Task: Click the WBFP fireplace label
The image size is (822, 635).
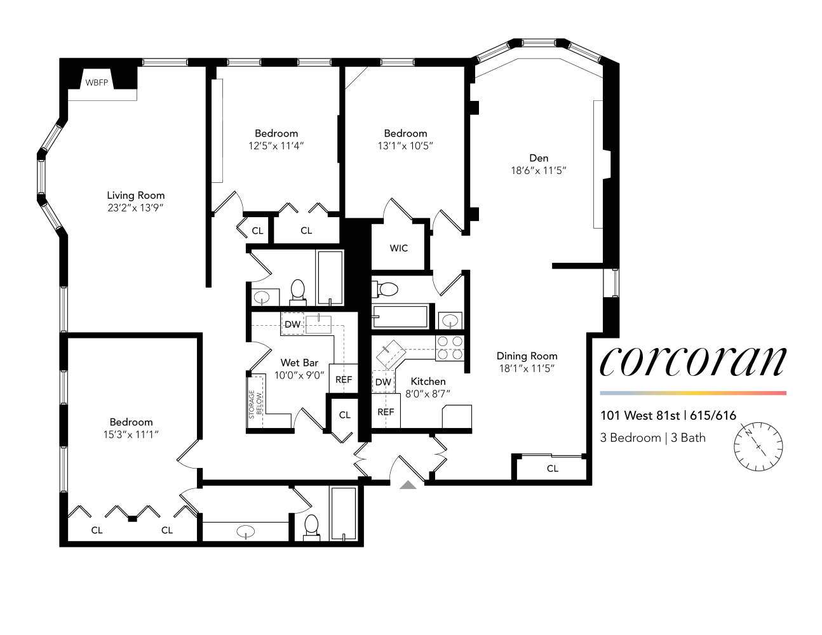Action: (97, 83)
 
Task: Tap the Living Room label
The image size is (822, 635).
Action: (135, 196)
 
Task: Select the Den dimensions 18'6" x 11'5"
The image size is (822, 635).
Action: (538, 170)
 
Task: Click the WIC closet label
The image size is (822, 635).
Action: (399, 248)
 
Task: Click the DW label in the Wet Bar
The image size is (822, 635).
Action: (292, 324)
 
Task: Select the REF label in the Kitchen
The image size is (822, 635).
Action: (386, 411)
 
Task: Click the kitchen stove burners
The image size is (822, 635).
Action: (450, 348)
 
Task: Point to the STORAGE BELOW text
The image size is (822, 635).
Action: (255, 404)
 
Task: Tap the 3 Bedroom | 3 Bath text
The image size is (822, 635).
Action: (652, 438)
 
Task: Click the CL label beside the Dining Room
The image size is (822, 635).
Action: (553, 469)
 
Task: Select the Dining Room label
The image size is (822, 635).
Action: (527, 356)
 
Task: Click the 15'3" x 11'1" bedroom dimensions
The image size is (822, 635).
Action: (131, 434)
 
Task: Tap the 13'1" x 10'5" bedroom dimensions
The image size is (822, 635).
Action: (405, 145)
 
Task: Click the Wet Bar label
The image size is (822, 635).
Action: (299, 363)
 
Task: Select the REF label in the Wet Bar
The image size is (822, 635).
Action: (344, 380)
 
